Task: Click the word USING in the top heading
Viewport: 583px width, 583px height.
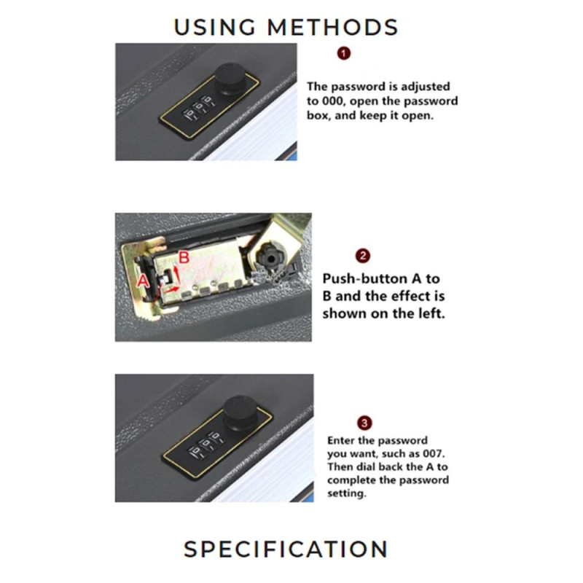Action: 214,28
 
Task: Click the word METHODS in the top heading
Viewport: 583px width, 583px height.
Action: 333,28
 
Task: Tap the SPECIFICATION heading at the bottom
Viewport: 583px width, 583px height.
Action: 286,549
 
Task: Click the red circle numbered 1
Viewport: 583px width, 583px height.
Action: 344,53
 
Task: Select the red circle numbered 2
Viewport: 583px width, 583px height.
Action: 363,256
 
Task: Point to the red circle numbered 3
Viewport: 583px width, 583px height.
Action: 364,423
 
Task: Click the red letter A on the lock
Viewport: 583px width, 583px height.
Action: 143,281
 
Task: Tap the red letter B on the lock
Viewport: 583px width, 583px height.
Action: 184,257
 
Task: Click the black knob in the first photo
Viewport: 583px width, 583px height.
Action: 230,79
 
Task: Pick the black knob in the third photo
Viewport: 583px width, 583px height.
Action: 240,412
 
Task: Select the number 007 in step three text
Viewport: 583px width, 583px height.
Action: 434,453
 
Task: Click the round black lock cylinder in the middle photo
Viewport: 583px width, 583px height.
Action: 270,256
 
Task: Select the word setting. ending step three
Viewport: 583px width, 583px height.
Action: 347,494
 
